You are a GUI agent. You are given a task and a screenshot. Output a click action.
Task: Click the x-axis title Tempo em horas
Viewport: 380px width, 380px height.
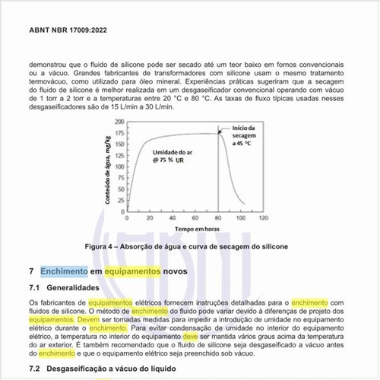click(195, 229)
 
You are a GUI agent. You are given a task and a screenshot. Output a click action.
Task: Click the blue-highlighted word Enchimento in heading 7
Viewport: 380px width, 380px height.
click(64, 271)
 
